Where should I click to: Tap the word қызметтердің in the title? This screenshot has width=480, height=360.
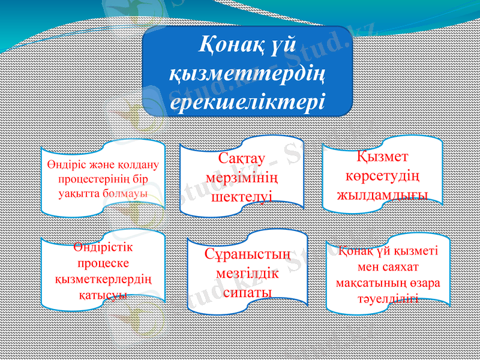click(247, 73)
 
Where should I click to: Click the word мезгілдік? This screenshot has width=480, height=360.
click(247, 274)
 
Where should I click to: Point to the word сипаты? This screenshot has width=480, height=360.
click(247, 292)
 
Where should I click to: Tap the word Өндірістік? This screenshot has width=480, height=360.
click(103, 248)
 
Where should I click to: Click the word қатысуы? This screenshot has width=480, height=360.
click(103, 295)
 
